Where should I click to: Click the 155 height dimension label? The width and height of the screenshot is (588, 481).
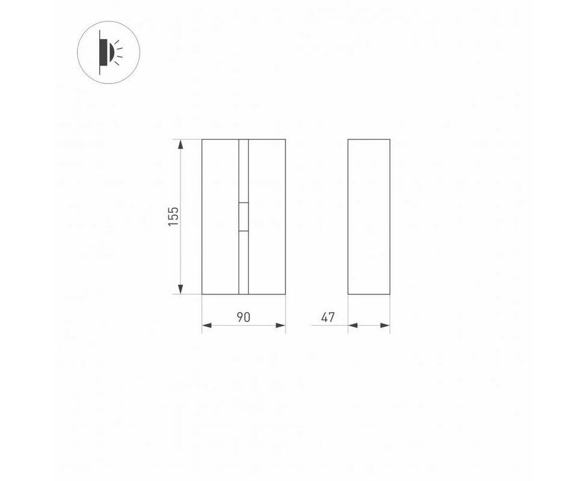click(173, 216)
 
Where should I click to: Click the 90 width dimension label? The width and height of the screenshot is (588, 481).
click(243, 317)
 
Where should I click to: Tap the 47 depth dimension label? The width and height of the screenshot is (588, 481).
click(328, 317)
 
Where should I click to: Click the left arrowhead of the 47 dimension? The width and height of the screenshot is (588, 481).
click(353, 325)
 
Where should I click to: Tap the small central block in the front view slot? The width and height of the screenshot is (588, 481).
click(243, 216)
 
